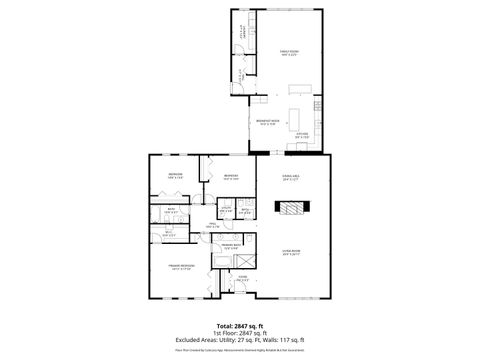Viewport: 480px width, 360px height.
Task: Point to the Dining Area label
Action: [x=291, y=180]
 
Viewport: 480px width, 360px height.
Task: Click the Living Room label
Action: [x=291, y=253]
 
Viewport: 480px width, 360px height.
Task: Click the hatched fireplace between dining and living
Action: [x=291, y=209]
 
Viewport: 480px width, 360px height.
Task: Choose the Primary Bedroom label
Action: [x=181, y=268]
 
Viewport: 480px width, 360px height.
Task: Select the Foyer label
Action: [x=242, y=279]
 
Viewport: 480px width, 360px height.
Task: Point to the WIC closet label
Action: [x=167, y=235]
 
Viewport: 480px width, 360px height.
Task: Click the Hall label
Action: [x=213, y=225]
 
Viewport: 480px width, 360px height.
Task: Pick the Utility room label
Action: [x=227, y=210]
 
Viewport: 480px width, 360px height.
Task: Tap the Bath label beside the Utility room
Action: [x=244, y=210]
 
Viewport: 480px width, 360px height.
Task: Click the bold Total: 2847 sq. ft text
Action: [x=240, y=326]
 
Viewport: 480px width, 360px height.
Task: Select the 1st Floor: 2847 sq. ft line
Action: [x=240, y=334]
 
